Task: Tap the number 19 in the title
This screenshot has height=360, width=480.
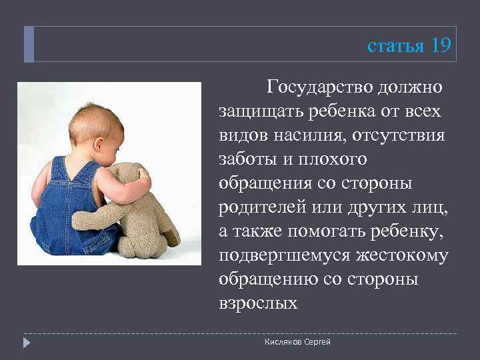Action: point(441,45)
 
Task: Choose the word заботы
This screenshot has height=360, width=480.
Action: point(246,160)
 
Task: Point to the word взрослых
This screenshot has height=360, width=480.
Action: point(257,303)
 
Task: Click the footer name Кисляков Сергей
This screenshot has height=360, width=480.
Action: point(297,342)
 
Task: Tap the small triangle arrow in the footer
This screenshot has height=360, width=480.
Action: point(27,343)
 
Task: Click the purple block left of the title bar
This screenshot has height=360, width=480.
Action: point(29,45)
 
